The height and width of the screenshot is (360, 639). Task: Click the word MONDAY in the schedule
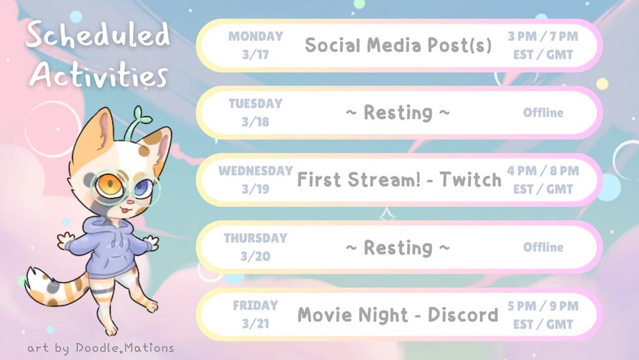(256, 36)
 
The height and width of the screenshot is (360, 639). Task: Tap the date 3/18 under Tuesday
(256, 121)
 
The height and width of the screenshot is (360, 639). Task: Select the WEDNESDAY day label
(256, 171)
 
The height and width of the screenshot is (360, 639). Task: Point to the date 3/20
(256, 256)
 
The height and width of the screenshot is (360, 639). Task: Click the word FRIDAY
(256, 306)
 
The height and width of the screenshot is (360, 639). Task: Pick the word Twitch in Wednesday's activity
(471, 180)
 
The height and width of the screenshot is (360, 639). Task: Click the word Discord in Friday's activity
(463, 315)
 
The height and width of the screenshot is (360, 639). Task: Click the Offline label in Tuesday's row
(543, 113)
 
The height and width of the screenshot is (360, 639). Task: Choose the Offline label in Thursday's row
(543, 247)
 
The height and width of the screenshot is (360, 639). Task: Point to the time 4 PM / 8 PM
(543, 171)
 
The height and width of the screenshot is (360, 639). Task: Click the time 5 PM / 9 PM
(543, 306)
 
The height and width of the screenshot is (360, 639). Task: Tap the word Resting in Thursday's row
(398, 248)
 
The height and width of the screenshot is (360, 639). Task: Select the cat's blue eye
(142, 188)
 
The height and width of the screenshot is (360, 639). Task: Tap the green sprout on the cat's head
(138, 122)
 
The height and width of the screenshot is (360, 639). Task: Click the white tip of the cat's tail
(33, 281)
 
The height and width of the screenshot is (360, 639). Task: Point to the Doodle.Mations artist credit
(125, 348)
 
